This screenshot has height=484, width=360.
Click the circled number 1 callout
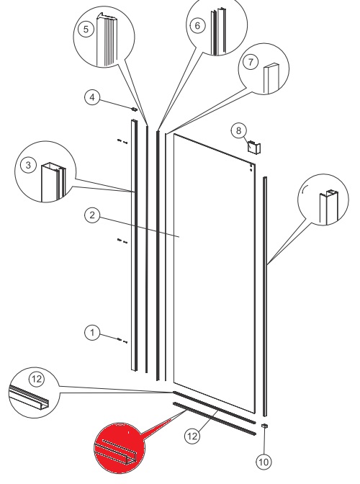(x=92, y=333)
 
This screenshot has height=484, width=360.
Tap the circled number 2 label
(x=92, y=215)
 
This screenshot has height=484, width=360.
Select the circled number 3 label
(x=28, y=165)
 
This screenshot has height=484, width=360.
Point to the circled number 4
(x=92, y=97)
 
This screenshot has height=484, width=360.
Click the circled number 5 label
(x=86, y=30)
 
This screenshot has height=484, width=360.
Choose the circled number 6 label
(x=198, y=25)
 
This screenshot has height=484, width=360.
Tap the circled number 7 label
(x=251, y=62)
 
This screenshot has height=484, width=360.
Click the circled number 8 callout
(x=238, y=130)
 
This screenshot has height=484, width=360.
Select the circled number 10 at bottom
(x=264, y=462)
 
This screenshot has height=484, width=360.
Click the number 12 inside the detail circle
(x=37, y=379)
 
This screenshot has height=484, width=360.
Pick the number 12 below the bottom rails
(x=192, y=436)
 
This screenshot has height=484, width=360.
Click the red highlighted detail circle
(x=119, y=448)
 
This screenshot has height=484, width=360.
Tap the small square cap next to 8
(x=254, y=147)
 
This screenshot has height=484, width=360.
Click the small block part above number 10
(x=265, y=426)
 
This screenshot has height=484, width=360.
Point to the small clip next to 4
(x=134, y=109)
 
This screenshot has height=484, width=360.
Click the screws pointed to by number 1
(x=122, y=341)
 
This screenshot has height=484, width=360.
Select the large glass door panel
(x=215, y=273)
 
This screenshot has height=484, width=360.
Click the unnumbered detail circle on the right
(x=323, y=200)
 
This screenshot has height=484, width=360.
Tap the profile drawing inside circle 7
(x=271, y=79)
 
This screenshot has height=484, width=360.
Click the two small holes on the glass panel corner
(x=251, y=167)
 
